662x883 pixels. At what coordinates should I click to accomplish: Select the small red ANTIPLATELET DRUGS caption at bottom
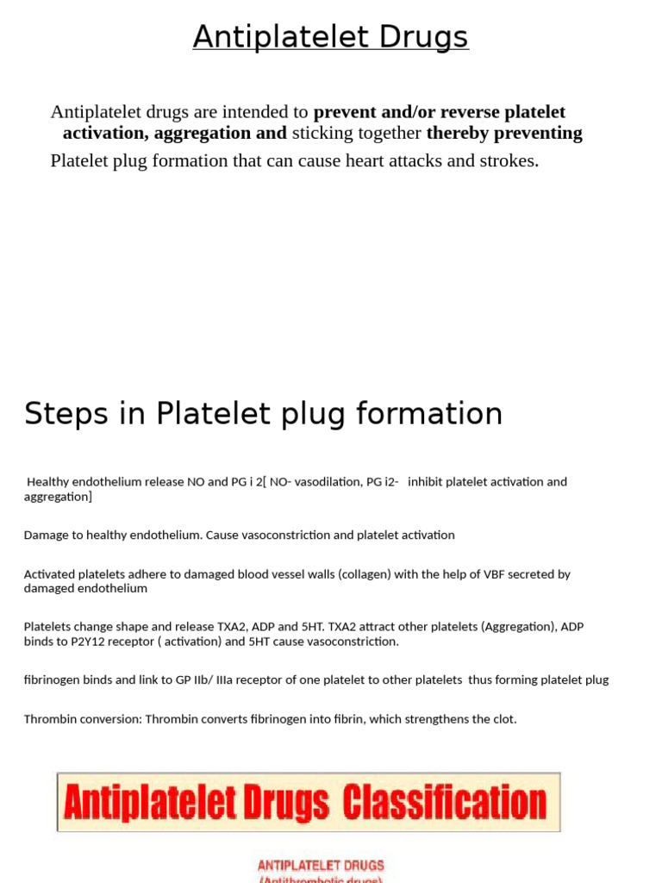(321, 865)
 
